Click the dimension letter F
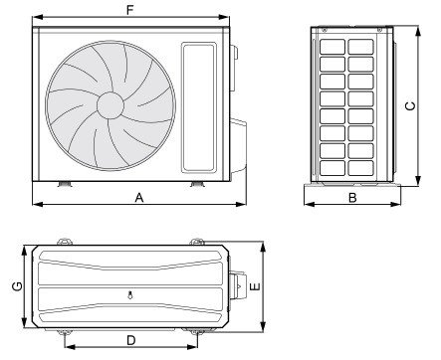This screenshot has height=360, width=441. click(x=129, y=10)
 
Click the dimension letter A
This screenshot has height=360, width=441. click(x=139, y=198)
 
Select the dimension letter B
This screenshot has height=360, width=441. click(x=352, y=198)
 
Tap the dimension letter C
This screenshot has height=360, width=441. click(x=410, y=106)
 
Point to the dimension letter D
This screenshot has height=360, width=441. click(x=131, y=340)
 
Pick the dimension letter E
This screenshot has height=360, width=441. click(x=255, y=286)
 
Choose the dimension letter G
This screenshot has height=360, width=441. click(x=17, y=286)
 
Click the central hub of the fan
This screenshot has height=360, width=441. click(x=110, y=105)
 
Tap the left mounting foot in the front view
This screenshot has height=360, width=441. click(x=65, y=184)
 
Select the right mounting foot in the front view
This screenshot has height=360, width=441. click(x=197, y=184)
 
